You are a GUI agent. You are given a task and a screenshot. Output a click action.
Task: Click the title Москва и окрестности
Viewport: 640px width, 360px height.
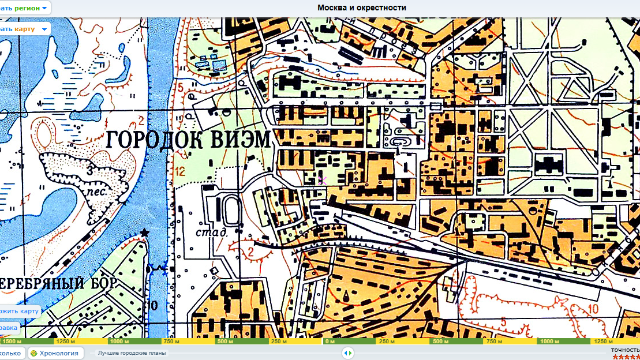[362, 7]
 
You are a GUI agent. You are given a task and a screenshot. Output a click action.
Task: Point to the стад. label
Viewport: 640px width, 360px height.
[210, 232]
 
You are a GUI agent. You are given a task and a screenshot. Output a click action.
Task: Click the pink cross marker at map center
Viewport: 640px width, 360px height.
[322, 181]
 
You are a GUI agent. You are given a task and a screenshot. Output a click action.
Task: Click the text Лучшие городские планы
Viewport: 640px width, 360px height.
[132, 353]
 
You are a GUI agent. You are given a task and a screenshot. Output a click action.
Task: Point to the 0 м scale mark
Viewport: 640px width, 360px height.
[330, 342]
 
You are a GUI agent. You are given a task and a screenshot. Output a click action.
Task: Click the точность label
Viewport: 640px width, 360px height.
[626, 350]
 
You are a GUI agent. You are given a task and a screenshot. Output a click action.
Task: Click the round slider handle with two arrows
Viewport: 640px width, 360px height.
[347, 353]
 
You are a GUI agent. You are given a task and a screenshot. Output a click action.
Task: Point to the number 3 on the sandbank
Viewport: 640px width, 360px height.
[90, 171]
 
